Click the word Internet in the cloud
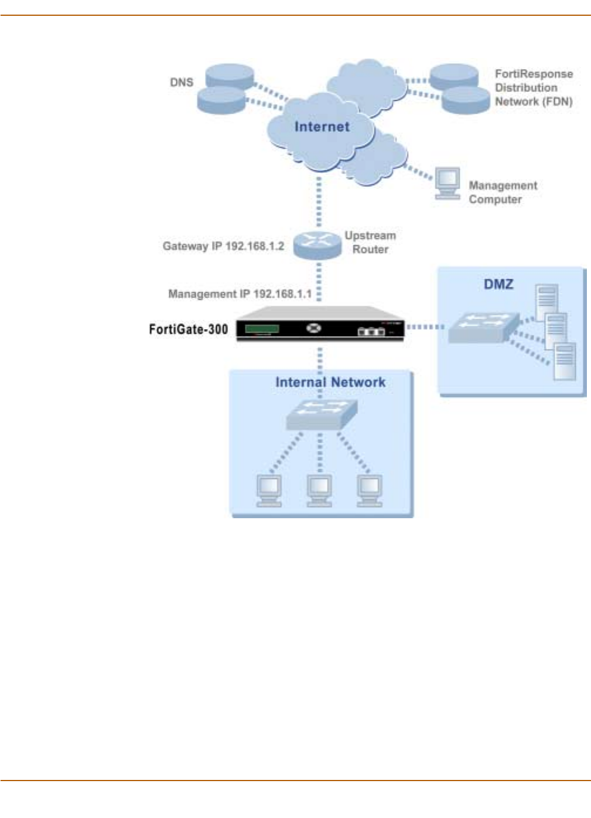(322, 126)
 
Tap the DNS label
(182, 82)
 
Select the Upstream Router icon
(317, 244)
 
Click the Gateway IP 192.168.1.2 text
(223, 246)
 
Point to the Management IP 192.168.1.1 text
(240, 293)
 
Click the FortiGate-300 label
(188, 329)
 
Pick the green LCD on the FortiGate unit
(262, 328)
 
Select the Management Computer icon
(447, 183)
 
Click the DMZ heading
(498, 284)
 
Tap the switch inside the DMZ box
(483, 327)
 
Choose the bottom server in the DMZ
(565, 361)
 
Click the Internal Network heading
(330, 382)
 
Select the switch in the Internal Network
(322, 415)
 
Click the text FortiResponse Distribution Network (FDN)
(533, 87)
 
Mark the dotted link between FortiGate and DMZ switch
(426, 327)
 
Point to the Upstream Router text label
(370, 242)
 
